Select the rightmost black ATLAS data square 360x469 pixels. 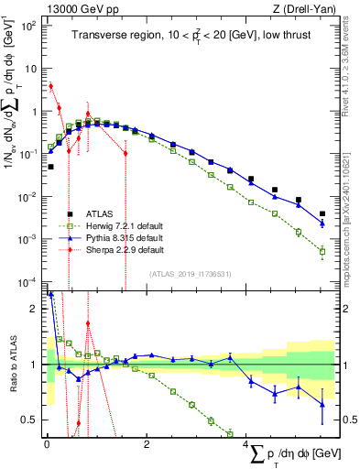tap(322, 214)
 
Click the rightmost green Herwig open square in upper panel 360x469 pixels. tap(322, 251)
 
